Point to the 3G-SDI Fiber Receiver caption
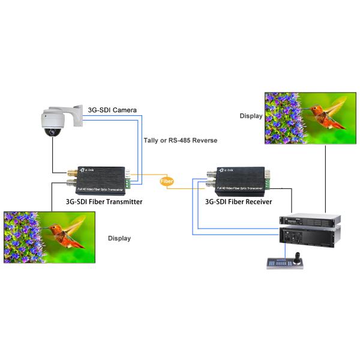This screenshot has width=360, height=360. (243, 202)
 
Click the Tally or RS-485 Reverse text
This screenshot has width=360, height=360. (181, 140)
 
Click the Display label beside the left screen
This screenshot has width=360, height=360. (119, 238)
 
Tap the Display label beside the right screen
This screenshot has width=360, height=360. (251, 116)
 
